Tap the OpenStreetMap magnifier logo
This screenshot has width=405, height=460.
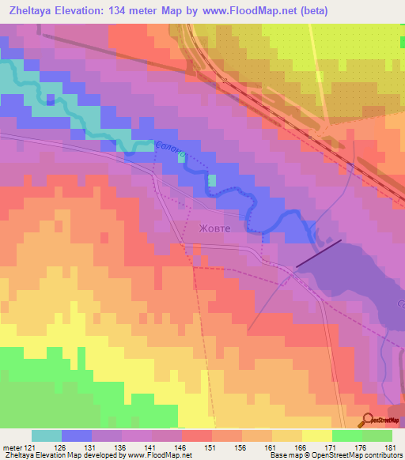(x=369, y=420)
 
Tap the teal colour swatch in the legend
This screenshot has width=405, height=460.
(x=47, y=435)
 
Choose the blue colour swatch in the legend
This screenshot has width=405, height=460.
(x=77, y=435)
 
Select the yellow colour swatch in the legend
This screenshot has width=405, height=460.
(x=317, y=435)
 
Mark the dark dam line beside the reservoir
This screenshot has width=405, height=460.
(x=319, y=253)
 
